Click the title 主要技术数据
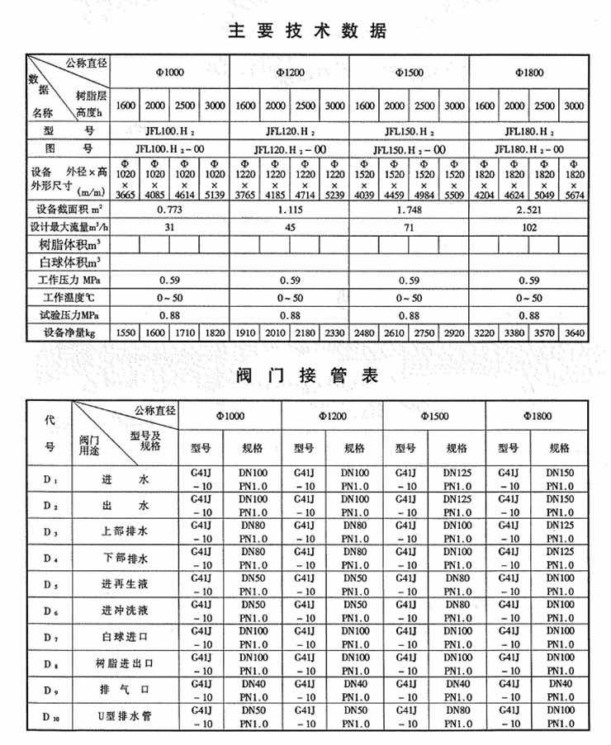pyautogui.click(x=305, y=32)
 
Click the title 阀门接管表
pyautogui.click(x=306, y=376)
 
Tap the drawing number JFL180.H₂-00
pyautogui.click(x=529, y=149)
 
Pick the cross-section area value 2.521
pyautogui.click(x=529, y=210)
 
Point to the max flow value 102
pyautogui.click(x=529, y=226)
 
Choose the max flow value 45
pyautogui.click(x=290, y=226)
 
